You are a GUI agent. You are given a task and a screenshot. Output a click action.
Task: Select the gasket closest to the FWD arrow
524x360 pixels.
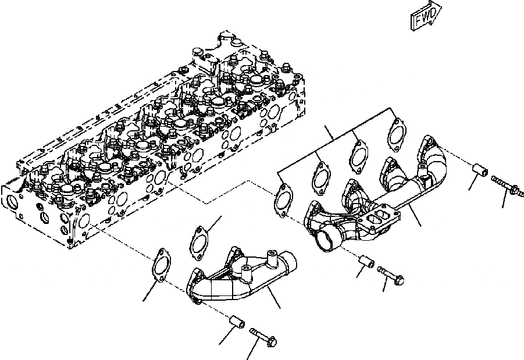[x=397, y=131]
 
